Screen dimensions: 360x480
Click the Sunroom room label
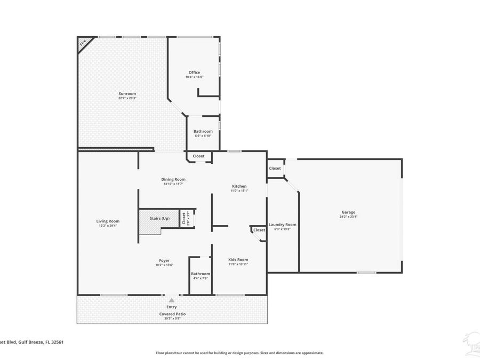127,94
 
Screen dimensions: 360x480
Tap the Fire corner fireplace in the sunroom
84,43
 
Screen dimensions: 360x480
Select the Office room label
194,73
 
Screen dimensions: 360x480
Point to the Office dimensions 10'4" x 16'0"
194,77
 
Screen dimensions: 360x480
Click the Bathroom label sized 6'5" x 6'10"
203,131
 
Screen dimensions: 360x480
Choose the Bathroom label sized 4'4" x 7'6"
200,274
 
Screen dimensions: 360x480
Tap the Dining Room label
173,179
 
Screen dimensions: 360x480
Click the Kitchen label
238,186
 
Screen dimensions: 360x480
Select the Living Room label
108,221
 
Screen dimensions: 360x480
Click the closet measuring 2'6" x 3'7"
183,218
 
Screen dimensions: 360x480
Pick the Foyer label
164,260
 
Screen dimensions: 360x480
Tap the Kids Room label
238,260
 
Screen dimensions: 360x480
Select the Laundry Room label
282,225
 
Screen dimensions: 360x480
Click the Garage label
348,212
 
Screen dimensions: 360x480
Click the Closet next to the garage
275,169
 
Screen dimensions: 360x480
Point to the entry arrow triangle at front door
171,301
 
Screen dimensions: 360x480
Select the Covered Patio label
172,314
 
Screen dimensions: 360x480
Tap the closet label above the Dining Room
198,156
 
